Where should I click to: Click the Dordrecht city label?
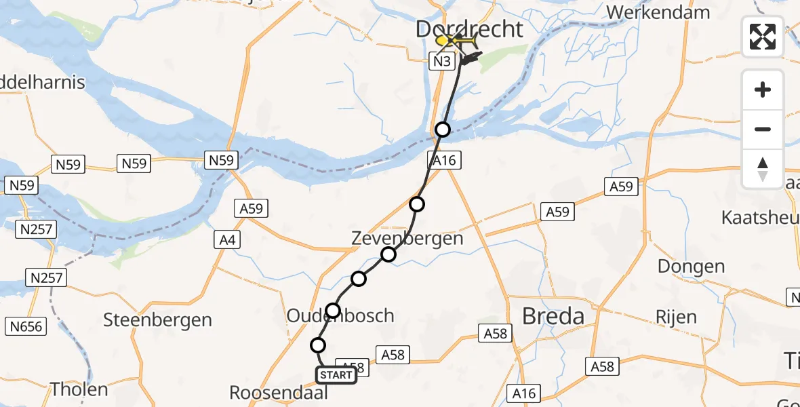pyautogui.click(x=469, y=29)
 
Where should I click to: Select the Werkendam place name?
pyautogui.click(x=658, y=12)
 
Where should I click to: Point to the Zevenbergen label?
pyautogui.click(x=407, y=238)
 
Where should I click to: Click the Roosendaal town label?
pyautogui.click(x=279, y=393)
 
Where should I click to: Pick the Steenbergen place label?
pyautogui.click(x=157, y=319)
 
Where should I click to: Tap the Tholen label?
pyautogui.click(x=79, y=389)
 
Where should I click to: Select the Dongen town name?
pyautogui.click(x=691, y=267)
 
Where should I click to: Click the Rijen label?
pyautogui.click(x=675, y=317)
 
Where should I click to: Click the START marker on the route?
pyautogui.click(x=336, y=375)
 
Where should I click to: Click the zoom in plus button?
pyautogui.click(x=763, y=90)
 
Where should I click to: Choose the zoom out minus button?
pyautogui.click(x=763, y=129)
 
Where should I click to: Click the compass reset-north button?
pyautogui.click(x=763, y=168)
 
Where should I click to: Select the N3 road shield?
pyautogui.click(x=441, y=62)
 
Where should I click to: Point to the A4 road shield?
pyautogui.click(x=226, y=239)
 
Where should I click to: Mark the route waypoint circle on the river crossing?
pyautogui.click(x=443, y=130)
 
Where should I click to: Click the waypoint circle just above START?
pyautogui.click(x=317, y=345)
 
